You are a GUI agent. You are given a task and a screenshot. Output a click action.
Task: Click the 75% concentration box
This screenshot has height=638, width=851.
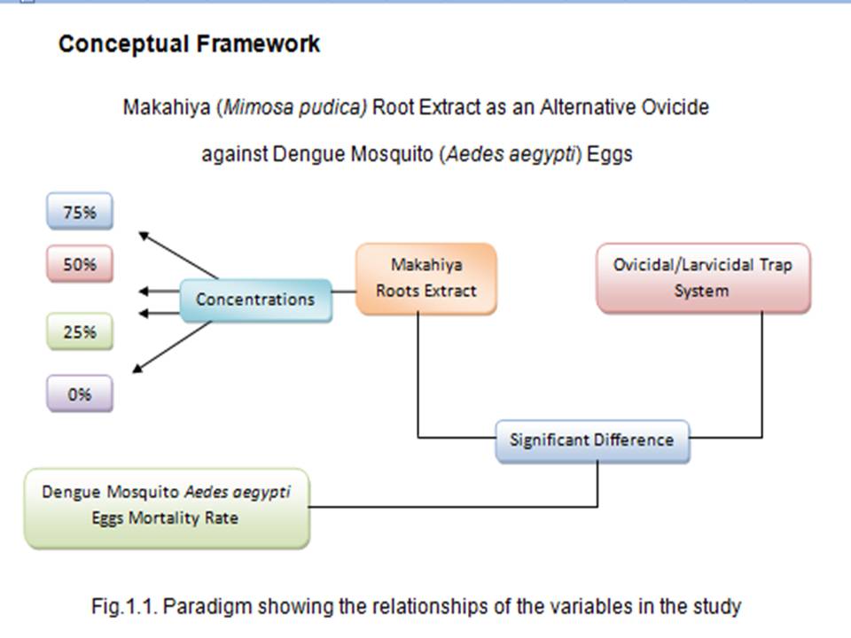point(80,211)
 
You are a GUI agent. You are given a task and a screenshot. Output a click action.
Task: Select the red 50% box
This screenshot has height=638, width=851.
point(80,264)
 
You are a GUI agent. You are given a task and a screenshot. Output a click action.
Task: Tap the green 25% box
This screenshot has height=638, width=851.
point(80,331)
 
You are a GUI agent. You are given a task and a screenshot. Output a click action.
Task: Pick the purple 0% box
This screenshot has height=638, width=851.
point(80,393)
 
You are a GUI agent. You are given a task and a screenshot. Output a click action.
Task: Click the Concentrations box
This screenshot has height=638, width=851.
point(255,300)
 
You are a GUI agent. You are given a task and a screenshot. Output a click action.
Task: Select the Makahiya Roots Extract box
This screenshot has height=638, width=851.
point(426,278)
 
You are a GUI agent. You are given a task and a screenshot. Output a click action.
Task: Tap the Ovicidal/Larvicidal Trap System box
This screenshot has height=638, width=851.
point(703,277)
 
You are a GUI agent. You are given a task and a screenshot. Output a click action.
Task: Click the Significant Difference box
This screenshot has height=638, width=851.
point(593,440)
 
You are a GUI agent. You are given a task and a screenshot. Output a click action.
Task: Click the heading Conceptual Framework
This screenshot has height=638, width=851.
point(189,44)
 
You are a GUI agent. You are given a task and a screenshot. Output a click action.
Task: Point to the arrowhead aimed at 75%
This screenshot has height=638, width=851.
point(144,236)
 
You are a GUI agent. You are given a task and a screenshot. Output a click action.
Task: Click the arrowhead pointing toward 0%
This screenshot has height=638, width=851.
point(137,369)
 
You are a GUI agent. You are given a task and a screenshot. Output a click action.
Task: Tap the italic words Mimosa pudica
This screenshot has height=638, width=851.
point(295,107)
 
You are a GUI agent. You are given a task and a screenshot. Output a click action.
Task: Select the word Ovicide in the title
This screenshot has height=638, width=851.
point(675,107)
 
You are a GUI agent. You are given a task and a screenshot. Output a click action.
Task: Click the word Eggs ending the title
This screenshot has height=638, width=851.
point(610,154)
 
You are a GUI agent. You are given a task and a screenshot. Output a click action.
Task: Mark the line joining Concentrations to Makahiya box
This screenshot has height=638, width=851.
point(344,292)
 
